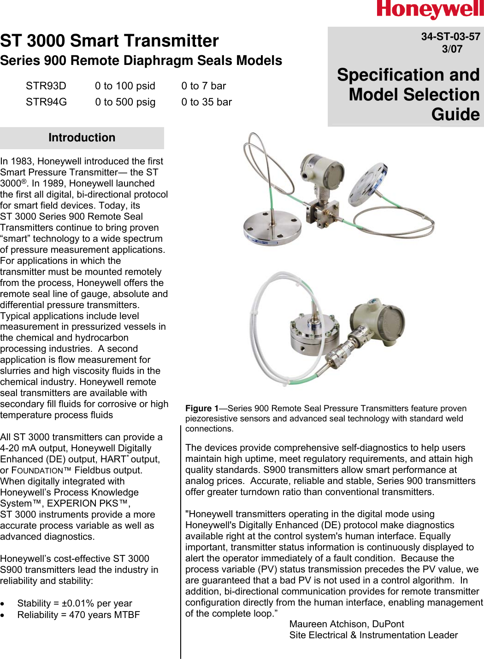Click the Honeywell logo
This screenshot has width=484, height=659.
point(430,10)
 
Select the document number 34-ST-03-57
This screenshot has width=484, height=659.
point(450,36)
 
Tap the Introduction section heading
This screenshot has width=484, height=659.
point(82,138)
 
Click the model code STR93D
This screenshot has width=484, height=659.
point(46,86)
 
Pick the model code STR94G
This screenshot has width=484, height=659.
point(46,102)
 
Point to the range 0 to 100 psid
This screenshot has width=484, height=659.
point(125,86)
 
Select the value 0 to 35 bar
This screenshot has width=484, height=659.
point(207,102)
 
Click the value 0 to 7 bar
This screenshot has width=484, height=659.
point(204,86)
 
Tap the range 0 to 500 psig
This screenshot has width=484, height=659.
point(125,102)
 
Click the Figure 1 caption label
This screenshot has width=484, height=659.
point(202,408)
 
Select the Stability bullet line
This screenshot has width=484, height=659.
point(75,603)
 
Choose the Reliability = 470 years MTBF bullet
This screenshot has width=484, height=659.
point(78,615)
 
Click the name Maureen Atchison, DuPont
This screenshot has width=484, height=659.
point(347,624)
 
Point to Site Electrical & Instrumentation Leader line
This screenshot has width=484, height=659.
point(373,635)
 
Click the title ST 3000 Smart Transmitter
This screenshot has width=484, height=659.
point(109,41)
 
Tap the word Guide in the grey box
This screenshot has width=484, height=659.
point(455,114)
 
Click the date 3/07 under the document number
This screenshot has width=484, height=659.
point(452,49)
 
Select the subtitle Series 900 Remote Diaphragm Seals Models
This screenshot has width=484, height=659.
point(141,61)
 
